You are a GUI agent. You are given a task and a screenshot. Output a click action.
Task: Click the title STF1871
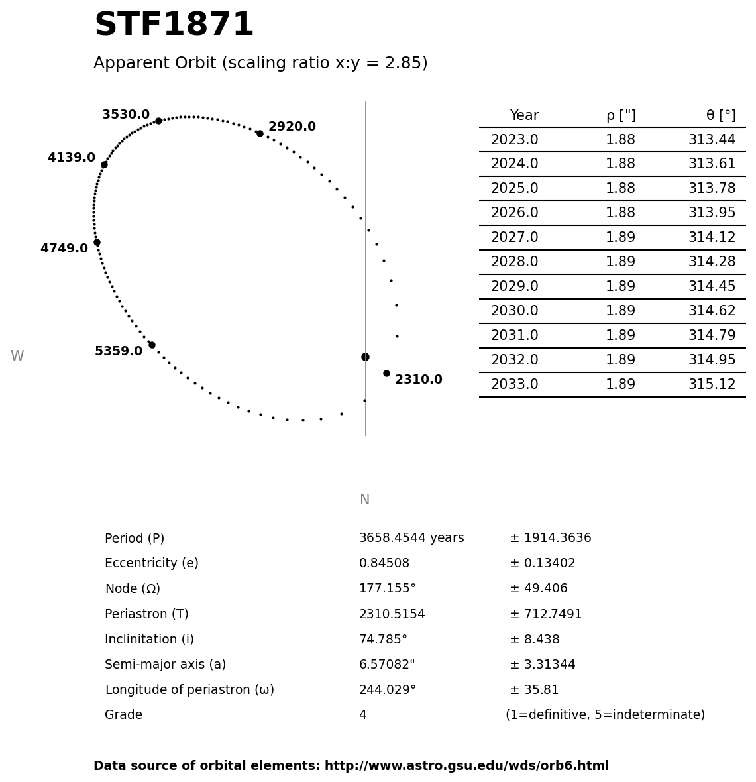click(174, 26)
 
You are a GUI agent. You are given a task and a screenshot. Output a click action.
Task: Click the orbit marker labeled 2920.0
click(260, 133)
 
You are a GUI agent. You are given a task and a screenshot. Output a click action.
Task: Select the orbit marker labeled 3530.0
click(158, 121)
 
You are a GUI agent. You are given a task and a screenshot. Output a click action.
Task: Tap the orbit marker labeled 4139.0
click(104, 164)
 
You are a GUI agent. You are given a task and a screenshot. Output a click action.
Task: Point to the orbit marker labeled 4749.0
click(97, 243)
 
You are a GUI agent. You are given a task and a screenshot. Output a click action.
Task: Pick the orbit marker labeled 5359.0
click(152, 345)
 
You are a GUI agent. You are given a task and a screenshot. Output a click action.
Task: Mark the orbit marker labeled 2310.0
click(386, 373)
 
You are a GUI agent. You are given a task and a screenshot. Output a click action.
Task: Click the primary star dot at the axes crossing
click(365, 357)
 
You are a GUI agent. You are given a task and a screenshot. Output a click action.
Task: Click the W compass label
click(17, 357)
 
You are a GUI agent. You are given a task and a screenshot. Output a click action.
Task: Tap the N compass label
click(364, 500)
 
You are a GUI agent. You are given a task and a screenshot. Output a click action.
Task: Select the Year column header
click(524, 116)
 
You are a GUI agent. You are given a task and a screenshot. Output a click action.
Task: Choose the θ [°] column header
click(720, 116)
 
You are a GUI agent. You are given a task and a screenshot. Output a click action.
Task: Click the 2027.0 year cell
click(514, 238)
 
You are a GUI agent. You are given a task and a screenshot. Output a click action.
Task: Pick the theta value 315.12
click(712, 385)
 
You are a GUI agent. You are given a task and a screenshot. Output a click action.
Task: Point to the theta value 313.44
click(712, 140)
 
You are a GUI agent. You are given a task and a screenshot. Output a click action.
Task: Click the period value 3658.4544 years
click(411, 539)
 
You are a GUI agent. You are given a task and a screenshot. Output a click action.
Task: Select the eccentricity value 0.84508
click(384, 564)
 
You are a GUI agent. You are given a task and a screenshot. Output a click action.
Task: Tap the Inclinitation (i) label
click(149, 640)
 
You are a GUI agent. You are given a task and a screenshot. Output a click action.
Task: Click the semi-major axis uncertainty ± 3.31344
click(542, 665)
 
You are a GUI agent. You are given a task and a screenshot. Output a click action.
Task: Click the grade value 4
click(362, 716)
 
